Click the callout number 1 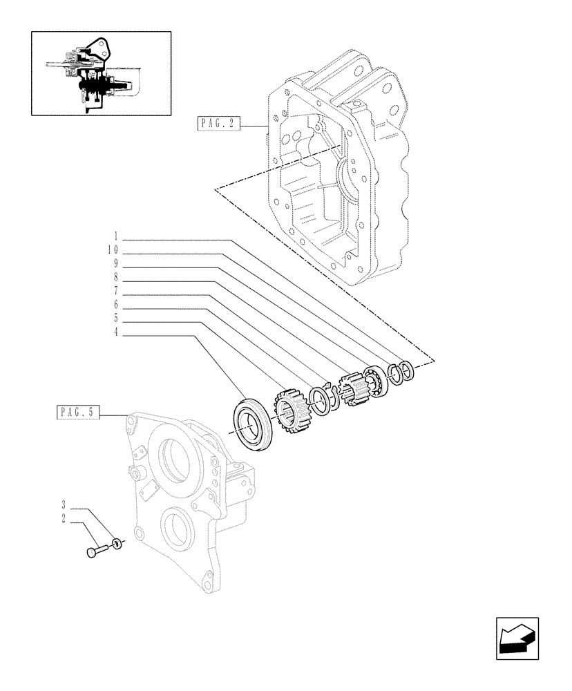coord(115,236)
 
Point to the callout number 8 coord(115,276)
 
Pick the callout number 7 coord(115,290)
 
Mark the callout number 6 coord(115,304)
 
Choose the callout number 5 coord(115,319)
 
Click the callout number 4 coord(115,332)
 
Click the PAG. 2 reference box coord(218,124)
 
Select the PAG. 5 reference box coord(77,413)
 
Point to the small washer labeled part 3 coord(118,545)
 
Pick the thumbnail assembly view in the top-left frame coord(101,73)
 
